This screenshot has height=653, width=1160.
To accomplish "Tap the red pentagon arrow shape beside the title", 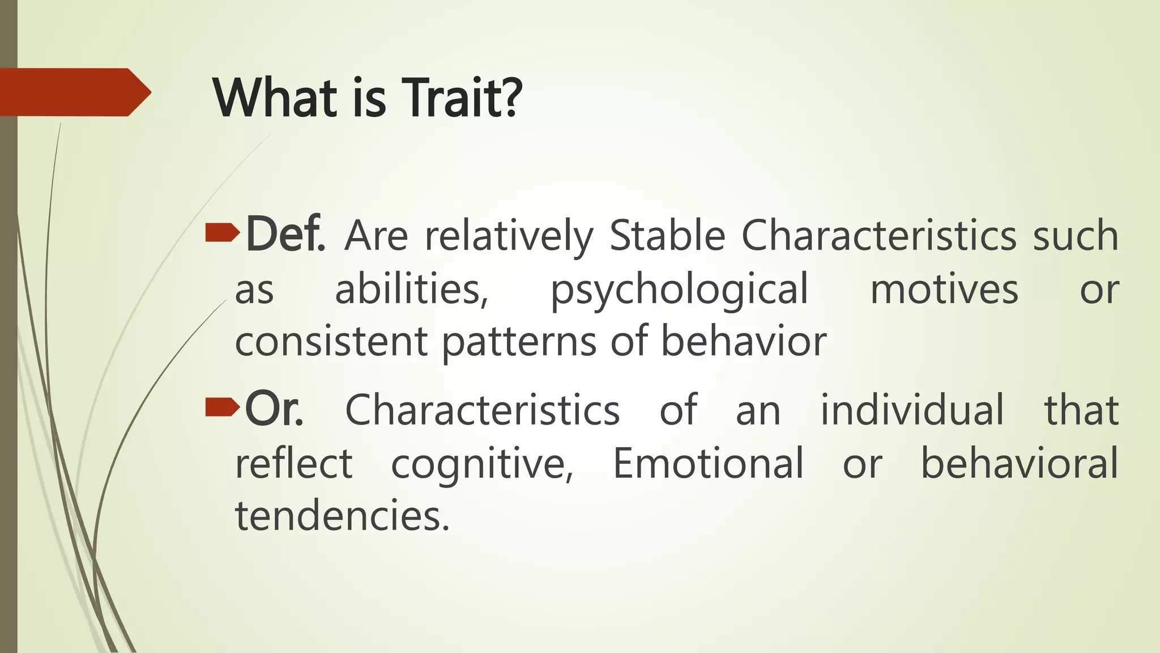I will click(x=74, y=92).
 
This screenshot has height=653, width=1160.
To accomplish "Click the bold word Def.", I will click(x=285, y=234).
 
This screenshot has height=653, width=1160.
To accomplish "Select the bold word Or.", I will click(x=274, y=409).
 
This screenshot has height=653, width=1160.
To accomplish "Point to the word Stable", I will click(x=667, y=235).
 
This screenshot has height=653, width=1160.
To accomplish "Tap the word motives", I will click(x=944, y=290).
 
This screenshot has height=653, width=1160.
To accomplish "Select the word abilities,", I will click(x=412, y=290).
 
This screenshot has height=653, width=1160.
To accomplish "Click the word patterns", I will click(x=519, y=343).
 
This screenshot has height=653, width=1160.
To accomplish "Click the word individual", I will click(x=912, y=409).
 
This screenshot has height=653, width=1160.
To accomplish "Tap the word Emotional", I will click(x=708, y=463).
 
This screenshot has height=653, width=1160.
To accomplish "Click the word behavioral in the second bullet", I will click(x=1019, y=463).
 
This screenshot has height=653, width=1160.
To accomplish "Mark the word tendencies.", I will click(x=342, y=516).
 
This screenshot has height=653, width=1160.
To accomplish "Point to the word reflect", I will click(x=294, y=463).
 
